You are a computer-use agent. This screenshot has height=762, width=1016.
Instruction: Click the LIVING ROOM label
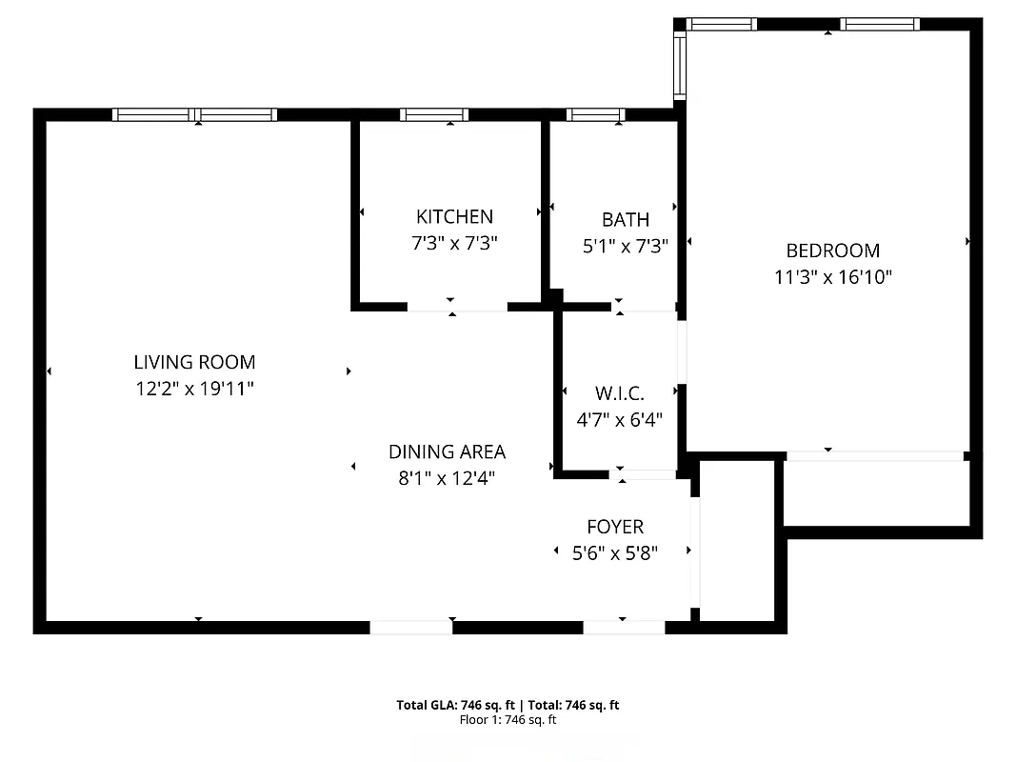194,362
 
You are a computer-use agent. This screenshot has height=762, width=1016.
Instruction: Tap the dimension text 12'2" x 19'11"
194,389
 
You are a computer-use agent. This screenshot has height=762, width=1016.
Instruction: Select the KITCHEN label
454,217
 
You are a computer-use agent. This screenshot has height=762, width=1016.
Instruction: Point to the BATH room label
626,220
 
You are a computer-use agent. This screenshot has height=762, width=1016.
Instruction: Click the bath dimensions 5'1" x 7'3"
626,246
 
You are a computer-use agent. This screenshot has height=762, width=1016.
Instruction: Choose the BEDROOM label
832,251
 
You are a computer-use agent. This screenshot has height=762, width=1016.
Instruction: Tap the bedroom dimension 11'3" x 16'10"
832,278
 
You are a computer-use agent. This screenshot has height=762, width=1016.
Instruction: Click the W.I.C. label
619,392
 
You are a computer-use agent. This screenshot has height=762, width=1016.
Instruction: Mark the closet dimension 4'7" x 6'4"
619,418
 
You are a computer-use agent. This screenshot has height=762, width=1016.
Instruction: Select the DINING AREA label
447,451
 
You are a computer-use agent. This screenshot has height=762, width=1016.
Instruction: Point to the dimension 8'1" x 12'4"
447,478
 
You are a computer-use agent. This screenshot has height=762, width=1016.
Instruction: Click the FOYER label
614,527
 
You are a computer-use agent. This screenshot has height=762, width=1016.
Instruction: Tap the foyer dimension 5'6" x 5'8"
614,551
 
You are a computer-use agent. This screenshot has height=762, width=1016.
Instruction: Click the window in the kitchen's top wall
434,114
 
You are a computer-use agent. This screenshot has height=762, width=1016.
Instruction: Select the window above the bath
596,114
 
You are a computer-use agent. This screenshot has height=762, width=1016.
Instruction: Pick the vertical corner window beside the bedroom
679,67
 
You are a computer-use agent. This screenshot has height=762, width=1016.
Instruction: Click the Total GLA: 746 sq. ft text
457,706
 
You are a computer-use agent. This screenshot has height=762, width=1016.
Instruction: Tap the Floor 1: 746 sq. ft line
508,720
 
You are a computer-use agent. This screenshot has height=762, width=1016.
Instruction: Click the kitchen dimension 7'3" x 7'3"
454,244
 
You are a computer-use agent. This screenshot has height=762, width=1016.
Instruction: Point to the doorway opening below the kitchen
457,307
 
